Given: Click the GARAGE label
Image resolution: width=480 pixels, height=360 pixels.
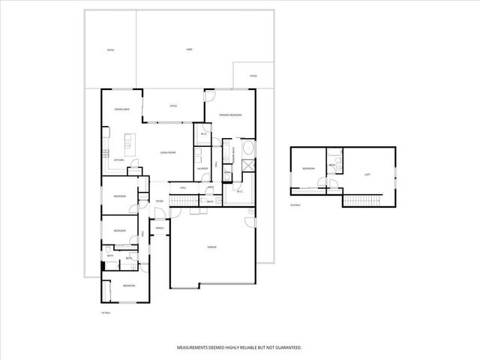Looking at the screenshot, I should click(x=212, y=247).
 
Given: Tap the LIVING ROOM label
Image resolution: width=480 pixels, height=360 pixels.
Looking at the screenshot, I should click(x=168, y=153).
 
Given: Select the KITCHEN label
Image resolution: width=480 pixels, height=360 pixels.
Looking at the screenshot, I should click(x=118, y=160).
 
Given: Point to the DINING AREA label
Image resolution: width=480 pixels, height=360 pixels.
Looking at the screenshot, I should click(x=122, y=109).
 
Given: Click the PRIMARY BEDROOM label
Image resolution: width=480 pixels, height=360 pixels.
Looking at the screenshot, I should click(x=230, y=115).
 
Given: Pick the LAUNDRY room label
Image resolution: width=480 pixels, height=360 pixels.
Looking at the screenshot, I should click(x=202, y=169).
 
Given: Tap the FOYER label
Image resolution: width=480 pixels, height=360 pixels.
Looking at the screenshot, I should click(x=159, y=201).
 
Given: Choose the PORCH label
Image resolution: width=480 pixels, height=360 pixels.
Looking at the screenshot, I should click(x=160, y=228).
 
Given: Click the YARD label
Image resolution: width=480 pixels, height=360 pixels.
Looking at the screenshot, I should click(x=189, y=49).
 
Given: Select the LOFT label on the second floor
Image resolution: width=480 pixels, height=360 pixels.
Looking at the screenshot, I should click(x=367, y=174).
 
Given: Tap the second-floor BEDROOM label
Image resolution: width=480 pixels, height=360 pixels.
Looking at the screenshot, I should click(x=308, y=169).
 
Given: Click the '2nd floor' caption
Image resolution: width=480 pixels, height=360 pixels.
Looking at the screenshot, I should click(x=295, y=204).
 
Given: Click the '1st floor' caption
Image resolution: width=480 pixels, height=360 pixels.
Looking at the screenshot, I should click(x=106, y=312).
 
